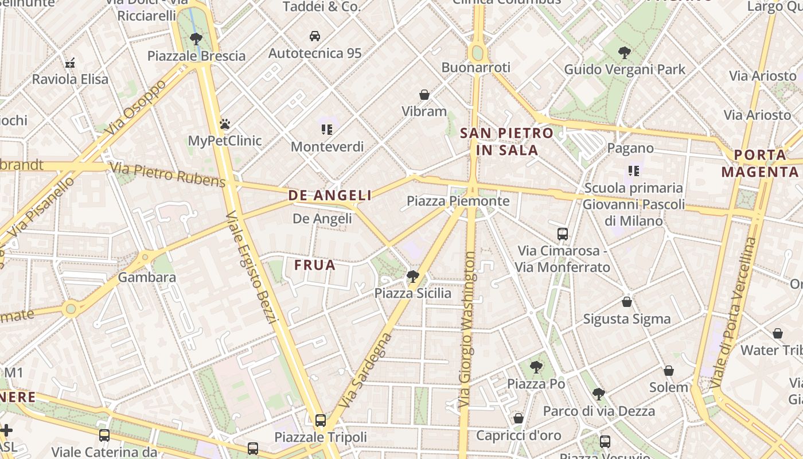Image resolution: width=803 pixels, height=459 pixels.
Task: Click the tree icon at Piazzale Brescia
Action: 196,39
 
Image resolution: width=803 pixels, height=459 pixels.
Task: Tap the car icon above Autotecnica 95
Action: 315,36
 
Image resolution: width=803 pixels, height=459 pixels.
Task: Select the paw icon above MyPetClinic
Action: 225,124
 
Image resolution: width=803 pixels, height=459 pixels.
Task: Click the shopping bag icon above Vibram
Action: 424,95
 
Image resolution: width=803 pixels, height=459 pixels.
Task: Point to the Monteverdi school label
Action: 327,146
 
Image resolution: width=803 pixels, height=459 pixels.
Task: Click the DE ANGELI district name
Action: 330,196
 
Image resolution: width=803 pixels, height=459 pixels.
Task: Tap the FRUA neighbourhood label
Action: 315,265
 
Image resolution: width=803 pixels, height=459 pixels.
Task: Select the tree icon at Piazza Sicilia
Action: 412,277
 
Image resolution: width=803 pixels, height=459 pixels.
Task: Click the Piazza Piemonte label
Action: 458,201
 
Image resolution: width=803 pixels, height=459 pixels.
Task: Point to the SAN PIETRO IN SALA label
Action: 507,142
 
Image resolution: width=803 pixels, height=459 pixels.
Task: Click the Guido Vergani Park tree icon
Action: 625,53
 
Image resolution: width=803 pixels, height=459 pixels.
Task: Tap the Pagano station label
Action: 630,148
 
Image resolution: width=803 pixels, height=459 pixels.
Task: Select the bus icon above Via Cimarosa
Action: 563,234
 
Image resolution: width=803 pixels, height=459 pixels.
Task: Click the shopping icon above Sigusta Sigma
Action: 627,302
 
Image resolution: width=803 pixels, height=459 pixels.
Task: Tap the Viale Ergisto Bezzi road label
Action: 250,267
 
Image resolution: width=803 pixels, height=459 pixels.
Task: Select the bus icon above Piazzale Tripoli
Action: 321,420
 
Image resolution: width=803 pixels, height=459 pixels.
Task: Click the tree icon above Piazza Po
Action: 536,367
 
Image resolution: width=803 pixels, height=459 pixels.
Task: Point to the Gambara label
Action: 147,278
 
